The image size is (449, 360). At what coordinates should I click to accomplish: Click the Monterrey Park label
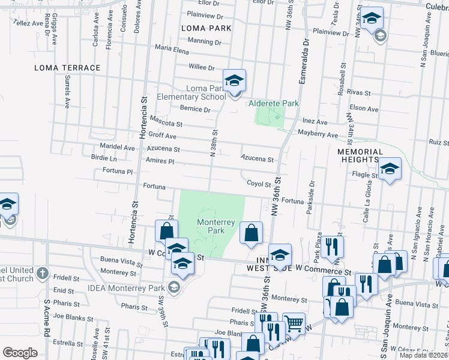211,226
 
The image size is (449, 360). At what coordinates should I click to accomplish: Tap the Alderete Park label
274,103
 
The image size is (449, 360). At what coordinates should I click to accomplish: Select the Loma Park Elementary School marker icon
234,80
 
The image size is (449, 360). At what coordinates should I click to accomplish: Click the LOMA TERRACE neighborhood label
67,68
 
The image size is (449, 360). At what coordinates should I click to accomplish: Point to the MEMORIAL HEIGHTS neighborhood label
360,157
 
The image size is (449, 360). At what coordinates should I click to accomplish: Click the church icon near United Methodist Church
41,274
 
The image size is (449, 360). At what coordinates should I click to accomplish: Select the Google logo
20,353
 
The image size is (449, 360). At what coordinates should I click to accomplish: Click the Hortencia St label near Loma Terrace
143,120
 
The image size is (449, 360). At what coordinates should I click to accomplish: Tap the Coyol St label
259,184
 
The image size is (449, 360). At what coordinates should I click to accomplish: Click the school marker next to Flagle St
390,170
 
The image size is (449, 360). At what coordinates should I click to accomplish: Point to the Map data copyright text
423,355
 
